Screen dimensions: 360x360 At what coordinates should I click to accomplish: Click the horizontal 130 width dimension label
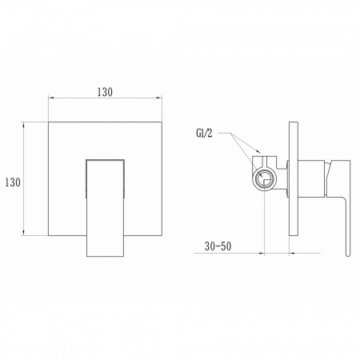tap(105, 92)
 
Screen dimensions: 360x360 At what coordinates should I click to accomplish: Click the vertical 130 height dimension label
tap(13, 182)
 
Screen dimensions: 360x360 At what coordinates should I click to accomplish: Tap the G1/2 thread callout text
tap(204, 133)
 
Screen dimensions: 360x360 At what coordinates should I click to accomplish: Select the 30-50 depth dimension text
tap(218, 246)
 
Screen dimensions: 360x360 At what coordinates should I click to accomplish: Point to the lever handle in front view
tap(105, 208)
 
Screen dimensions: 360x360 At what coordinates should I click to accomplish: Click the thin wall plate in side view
tap(294, 178)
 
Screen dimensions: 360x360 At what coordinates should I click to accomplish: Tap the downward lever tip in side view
tap(348, 254)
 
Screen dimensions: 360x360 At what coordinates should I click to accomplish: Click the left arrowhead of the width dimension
tap(51, 98)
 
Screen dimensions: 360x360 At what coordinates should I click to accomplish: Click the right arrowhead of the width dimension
tap(159, 98)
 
